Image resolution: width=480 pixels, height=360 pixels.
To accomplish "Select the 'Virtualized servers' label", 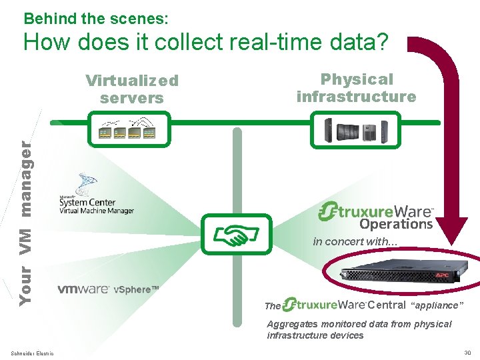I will click(132, 89).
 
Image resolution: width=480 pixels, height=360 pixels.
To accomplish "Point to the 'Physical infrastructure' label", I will click(356, 87).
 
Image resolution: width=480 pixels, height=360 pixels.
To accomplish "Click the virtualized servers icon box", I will click(130, 129).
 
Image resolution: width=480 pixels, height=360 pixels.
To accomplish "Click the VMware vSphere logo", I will click(108, 289).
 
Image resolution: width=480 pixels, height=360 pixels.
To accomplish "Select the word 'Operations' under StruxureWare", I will click(396, 224).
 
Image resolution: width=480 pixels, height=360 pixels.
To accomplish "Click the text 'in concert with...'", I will click(355, 241).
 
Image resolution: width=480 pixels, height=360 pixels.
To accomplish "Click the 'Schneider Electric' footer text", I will click(32, 353).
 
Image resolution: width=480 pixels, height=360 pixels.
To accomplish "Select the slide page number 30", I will click(467, 353).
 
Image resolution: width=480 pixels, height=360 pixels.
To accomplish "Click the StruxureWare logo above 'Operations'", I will click(377, 211).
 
